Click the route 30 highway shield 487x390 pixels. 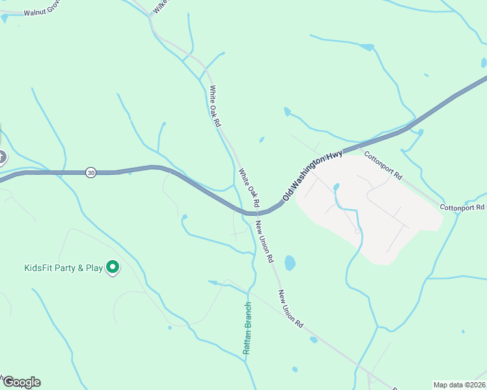(x=90, y=172)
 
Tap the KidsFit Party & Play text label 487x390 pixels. (x=64, y=268)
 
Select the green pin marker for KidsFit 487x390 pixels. (x=112, y=266)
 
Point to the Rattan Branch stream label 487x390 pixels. (x=247, y=328)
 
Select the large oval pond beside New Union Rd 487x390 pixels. (x=290, y=263)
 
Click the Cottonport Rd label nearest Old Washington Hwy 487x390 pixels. (x=383, y=166)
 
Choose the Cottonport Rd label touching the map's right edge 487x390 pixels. (x=463, y=207)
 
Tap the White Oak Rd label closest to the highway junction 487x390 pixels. (x=249, y=189)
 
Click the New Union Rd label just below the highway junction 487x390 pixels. (x=264, y=240)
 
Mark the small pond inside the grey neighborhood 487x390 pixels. (x=336, y=187)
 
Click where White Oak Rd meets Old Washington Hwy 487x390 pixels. (x=251, y=212)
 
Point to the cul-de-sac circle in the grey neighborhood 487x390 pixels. (x=357, y=231)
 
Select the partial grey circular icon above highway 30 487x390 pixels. (x=2, y=157)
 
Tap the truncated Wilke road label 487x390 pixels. (x=159, y=6)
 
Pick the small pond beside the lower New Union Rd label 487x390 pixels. (x=314, y=339)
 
